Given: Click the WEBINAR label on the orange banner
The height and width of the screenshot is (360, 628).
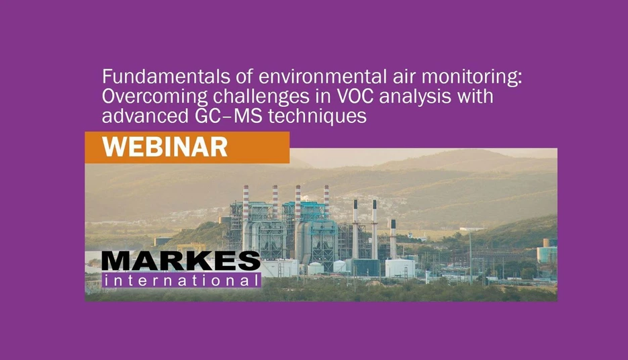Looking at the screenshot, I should [x=165, y=147].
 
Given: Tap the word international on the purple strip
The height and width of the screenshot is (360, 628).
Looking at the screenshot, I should [x=181, y=281].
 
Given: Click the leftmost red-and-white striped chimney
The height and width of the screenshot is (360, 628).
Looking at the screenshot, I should [x=246, y=201].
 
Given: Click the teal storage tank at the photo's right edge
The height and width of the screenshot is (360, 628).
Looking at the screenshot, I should [x=547, y=253].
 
